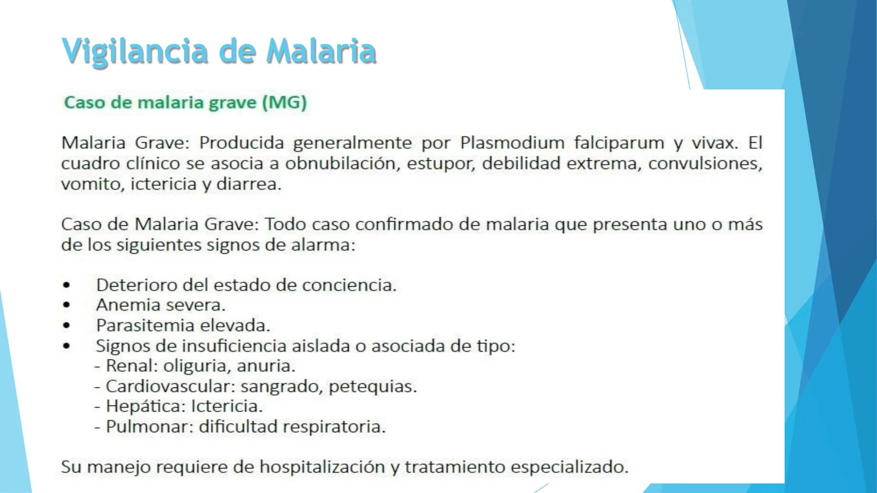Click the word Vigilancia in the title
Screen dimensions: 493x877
(x=135, y=51)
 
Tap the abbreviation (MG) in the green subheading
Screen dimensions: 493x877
(x=284, y=102)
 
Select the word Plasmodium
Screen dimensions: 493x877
(x=512, y=143)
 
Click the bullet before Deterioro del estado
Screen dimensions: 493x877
(x=67, y=285)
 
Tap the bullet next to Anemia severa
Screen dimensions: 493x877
(x=67, y=305)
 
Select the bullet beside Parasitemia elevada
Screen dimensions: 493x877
(x=67, y=325)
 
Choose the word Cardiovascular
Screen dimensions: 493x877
(x=170, y=386)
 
